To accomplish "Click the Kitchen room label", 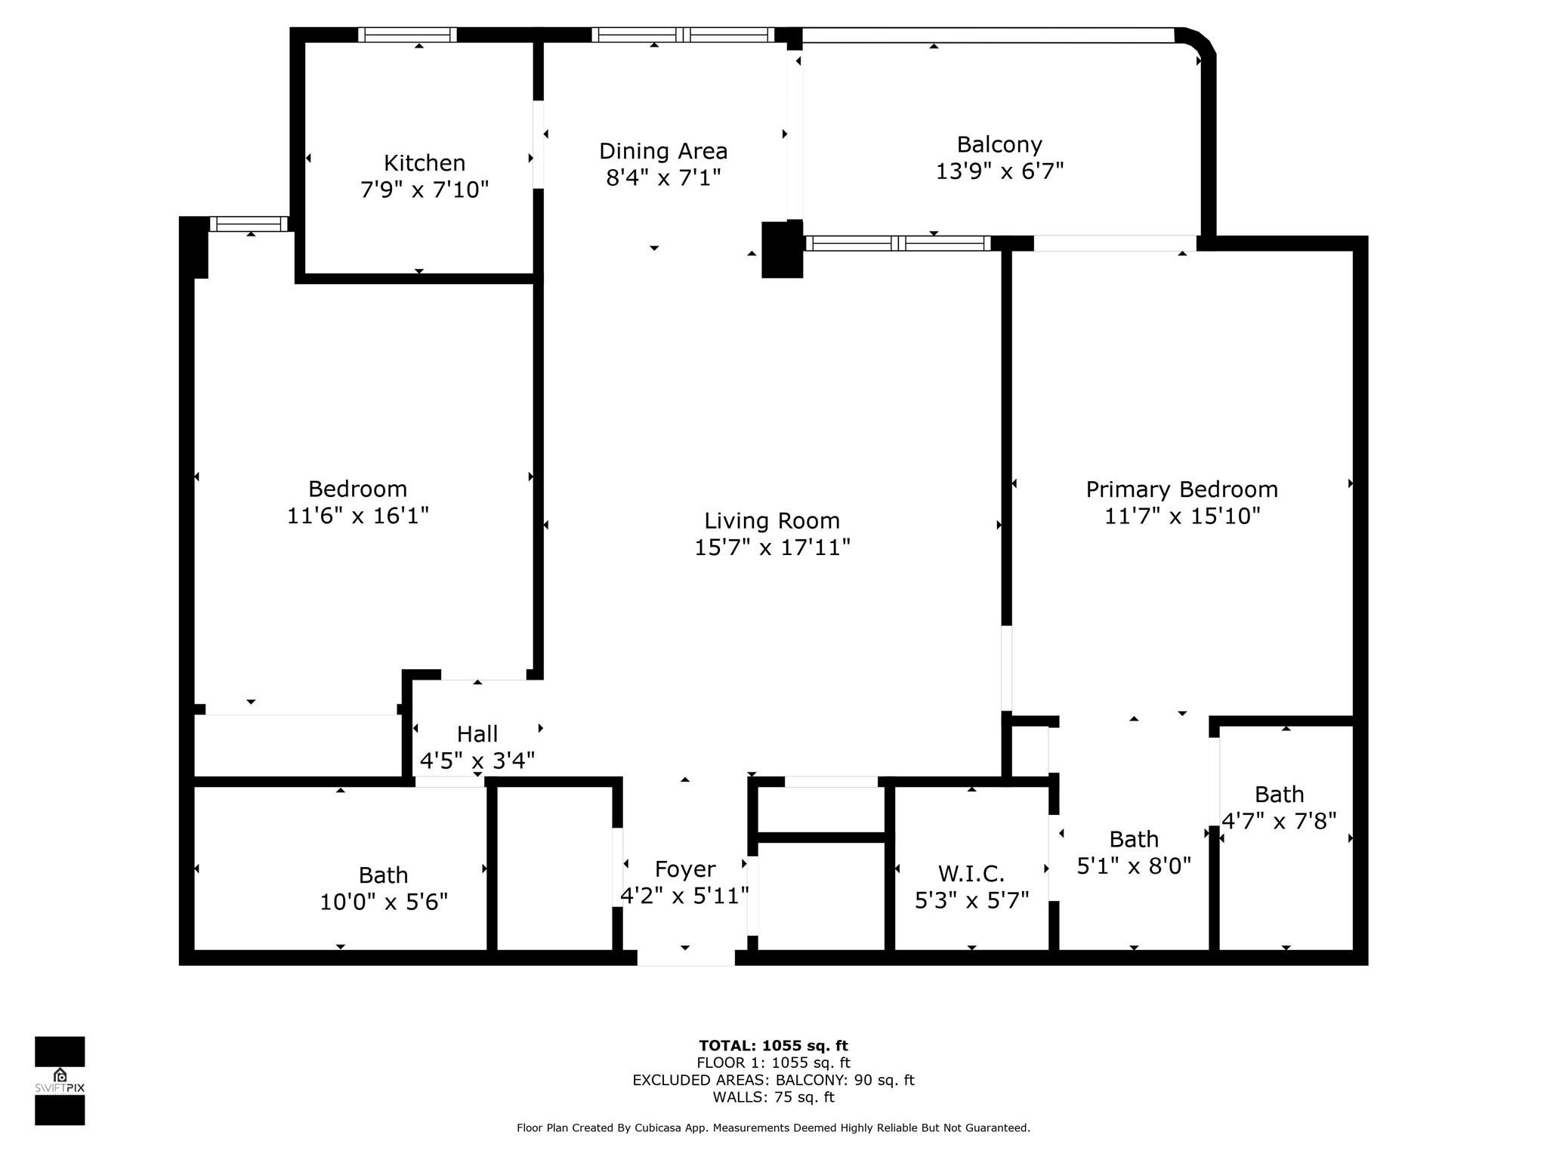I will pos(424,163).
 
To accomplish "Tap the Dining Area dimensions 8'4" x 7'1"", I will pos(663,178).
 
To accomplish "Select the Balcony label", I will pos(999,144).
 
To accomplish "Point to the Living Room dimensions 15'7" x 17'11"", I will pos(772,548).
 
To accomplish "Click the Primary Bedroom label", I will pos(1181,489).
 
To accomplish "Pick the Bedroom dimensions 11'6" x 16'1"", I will pos(357,516).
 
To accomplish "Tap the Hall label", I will pos(477,734).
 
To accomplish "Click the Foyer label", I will pos(684,869).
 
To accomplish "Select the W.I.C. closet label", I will pos(971,874).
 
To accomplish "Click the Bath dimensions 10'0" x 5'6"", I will pos(383,902).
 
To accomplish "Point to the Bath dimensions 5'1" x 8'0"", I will pos(1133,865).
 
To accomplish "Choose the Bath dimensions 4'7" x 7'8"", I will pos(1279,821).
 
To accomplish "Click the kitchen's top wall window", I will pos(407,35).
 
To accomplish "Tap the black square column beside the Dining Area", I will pos(781,250).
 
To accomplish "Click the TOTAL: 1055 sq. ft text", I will pos(773,1046).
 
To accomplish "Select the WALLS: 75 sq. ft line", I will pos(773,1097).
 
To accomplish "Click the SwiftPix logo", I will pos(60,1081).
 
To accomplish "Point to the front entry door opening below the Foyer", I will pos(685,958).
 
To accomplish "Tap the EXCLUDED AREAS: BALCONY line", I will pos(773,1080).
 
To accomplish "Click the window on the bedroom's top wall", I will pos(249,224).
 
